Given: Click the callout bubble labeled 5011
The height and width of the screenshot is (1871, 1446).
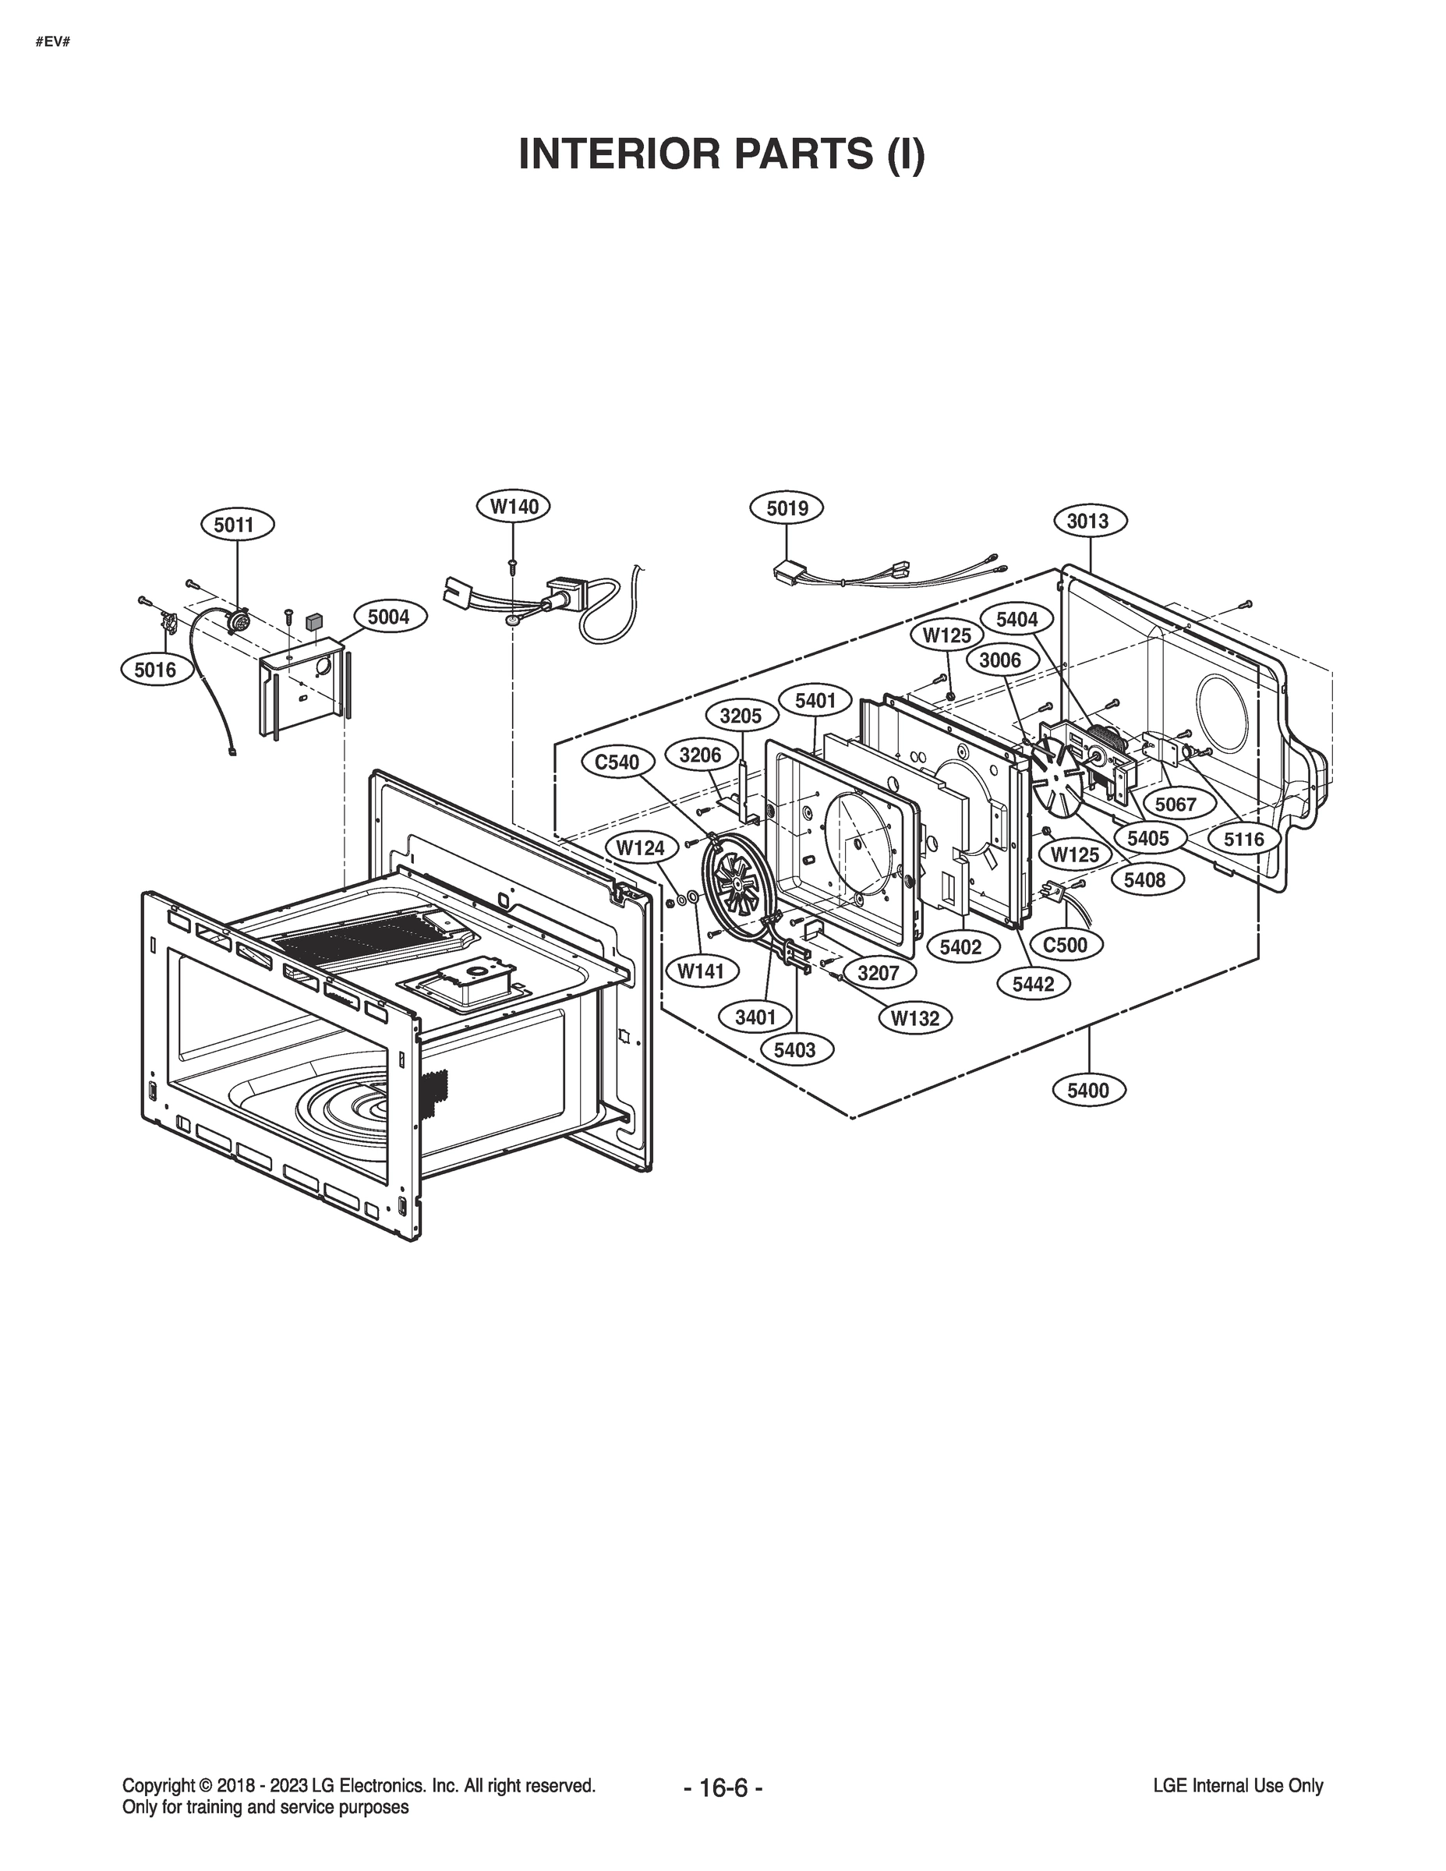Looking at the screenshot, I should (234, 525).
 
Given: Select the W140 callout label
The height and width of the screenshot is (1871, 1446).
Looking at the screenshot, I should (514, 506).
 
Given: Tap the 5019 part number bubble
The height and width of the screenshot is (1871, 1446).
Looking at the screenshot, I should (787, 508).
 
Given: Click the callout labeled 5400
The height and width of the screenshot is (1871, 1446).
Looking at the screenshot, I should (1088, 1090).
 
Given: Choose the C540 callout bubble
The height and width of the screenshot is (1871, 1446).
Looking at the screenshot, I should (617, 762).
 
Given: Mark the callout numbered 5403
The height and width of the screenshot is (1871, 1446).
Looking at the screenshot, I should (794, 1049).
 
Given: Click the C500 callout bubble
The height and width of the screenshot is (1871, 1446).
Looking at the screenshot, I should (1065, 944).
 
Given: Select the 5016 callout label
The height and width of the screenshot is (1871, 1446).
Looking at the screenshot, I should (155, 670).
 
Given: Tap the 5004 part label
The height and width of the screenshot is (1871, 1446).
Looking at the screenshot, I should (389, 616).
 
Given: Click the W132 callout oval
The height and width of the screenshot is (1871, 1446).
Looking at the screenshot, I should (915, 1017).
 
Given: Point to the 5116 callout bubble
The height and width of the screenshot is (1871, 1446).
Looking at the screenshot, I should (1244, 840).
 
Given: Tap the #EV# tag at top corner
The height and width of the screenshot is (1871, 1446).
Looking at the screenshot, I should (51, 41).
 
